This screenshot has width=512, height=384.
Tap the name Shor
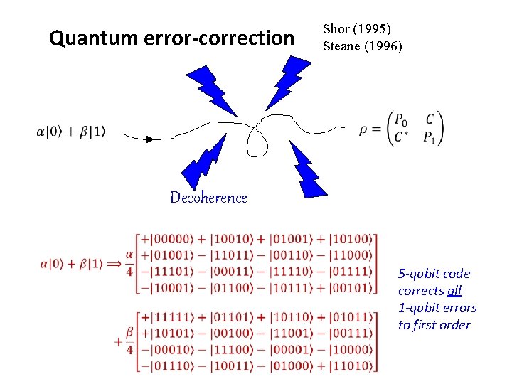point(336,29)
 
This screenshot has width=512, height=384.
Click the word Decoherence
point(208,198)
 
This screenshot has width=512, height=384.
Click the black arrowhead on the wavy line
point(149,139)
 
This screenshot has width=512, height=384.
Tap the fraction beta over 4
point(129,341)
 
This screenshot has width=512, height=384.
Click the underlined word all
point(454,291)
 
